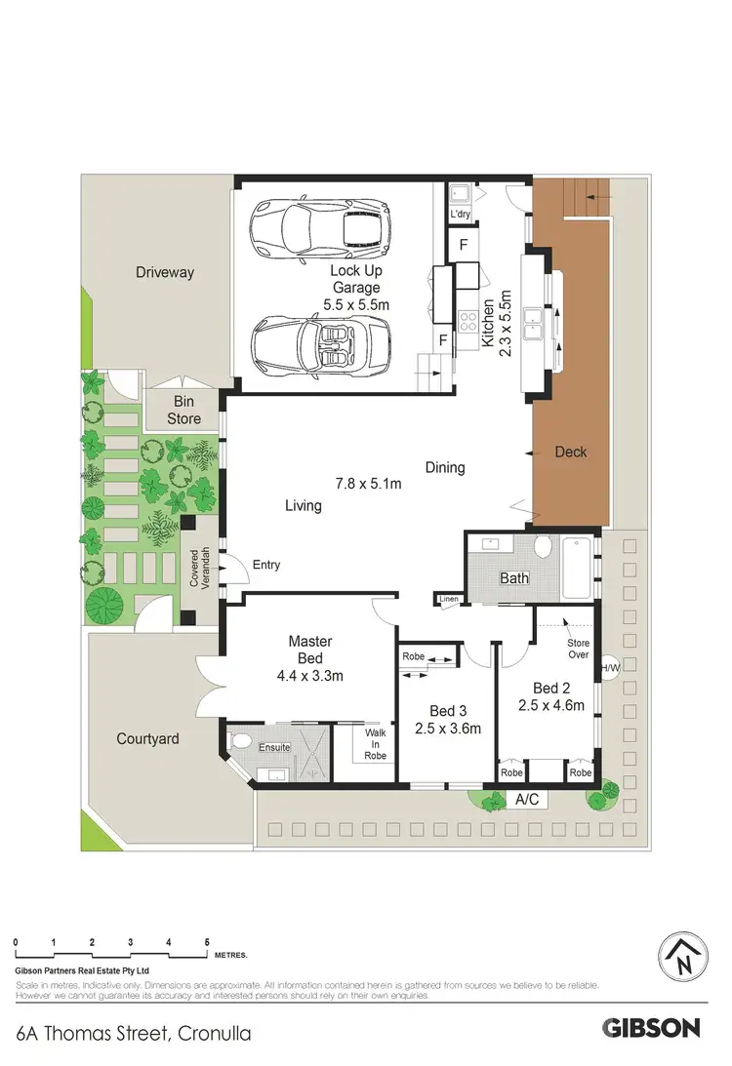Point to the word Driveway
[x=164, y=273]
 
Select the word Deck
[x=570, y=452]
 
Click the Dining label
[x=445, y=467]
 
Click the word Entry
[x=265, y=565]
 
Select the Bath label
[x=514, y=578]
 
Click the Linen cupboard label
[x=449, y=599]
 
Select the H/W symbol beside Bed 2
[x=611, y=667]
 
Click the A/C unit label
[x=526, y=800]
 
